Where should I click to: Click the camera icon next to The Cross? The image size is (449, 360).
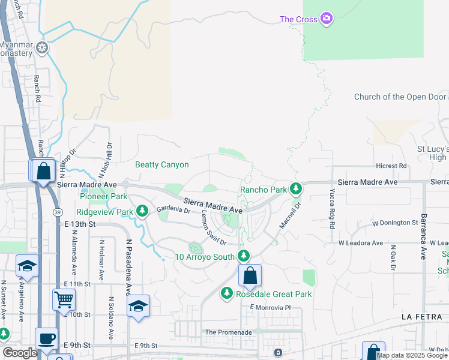coord(327,19)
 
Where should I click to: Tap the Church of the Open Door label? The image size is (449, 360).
coord(400,97)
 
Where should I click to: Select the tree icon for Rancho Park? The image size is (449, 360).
coord(295,190)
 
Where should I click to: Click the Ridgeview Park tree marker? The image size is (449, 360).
coord(142,211)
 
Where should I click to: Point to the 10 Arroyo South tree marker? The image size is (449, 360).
coord(243,256)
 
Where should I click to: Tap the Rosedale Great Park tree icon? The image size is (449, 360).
coord(226,293)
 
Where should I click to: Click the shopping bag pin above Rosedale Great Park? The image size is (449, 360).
coord(250,276)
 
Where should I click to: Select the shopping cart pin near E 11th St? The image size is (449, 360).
coord(64,298)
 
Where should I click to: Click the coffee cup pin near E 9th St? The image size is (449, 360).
coord(47,338)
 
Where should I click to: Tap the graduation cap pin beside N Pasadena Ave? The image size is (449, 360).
coord(138,306)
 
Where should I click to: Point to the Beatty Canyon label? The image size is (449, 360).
coord(162,164)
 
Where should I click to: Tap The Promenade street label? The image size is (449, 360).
coord(228,332)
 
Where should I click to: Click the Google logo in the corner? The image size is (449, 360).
coord(20,353)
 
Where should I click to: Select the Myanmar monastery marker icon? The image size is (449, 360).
coord(42,47)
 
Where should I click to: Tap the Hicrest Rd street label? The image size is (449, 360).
coord(391,166)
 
